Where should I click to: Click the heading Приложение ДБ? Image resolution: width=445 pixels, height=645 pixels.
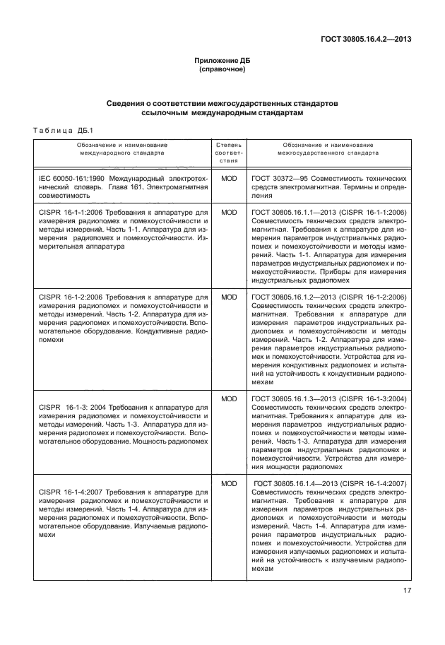point(222,61)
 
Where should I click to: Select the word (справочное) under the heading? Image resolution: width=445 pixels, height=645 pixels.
point(222,70)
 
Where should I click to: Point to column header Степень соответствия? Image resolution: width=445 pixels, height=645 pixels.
point(228,152)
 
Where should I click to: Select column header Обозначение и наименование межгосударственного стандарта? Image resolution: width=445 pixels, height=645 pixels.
point(328,148)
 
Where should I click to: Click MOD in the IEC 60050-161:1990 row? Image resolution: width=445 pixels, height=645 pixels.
point(228,179)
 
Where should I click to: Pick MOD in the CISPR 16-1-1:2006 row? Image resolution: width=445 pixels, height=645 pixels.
point(228,211)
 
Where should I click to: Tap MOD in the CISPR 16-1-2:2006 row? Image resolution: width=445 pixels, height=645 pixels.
point(228,297)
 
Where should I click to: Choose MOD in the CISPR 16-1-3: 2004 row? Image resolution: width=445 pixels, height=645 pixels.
point(228,399)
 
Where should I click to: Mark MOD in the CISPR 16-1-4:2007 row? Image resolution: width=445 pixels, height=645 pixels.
point(228,483)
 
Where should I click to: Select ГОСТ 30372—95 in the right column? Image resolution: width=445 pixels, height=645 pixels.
point(278,179)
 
